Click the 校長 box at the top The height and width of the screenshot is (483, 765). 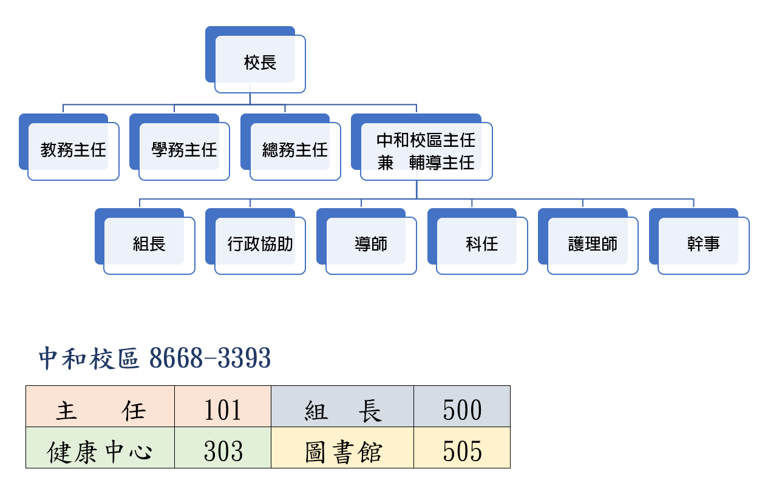coord(260,63)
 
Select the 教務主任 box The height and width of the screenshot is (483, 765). coord(73,150)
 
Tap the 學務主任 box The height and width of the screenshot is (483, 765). coord(184,150)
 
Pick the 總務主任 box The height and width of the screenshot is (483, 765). coord(295,150)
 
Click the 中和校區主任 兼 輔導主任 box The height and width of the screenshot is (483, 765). coord(426,151)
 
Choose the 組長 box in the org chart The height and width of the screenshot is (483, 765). coord(149,245)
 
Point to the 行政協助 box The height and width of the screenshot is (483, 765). coord(260,245)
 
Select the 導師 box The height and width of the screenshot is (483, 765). coord(371,245)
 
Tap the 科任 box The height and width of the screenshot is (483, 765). coord(481,245)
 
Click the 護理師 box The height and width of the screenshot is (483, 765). coord(593,245)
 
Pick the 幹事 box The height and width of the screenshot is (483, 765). coord(703,245)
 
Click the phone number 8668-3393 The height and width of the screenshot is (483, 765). coord(210,359)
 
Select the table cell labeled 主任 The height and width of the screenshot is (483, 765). coord(100,411)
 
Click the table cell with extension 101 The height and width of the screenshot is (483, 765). coord(223,411)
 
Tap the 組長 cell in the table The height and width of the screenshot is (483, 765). coord(342,411)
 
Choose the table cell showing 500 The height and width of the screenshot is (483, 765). coord(462,411)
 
